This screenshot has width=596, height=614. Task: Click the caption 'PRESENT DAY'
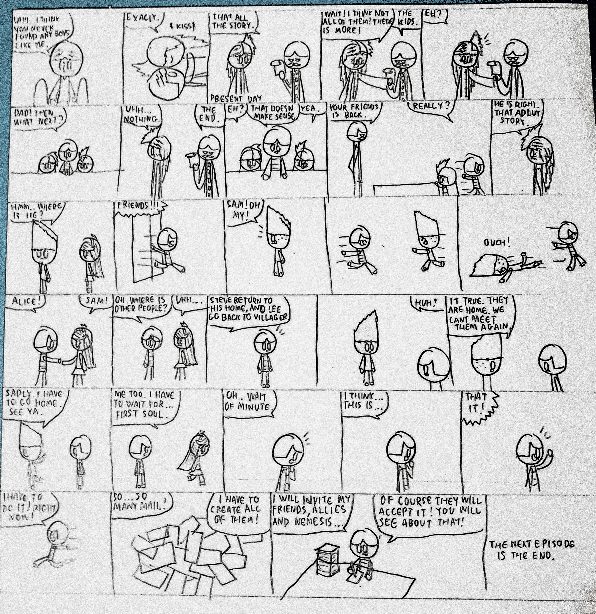(x=236, y=99)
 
